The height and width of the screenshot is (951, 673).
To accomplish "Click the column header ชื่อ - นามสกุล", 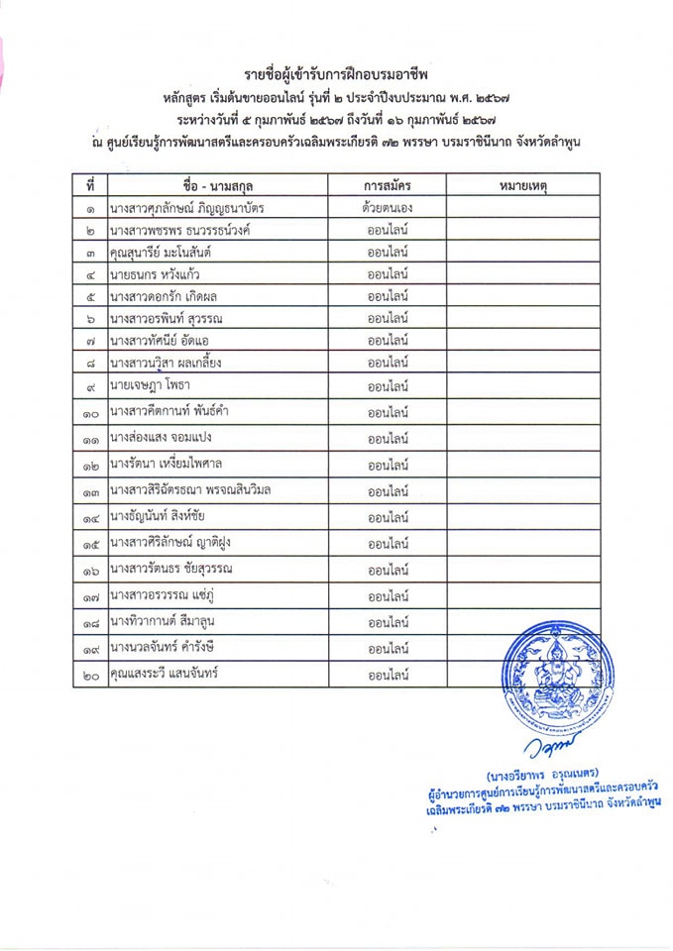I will pos(218,185).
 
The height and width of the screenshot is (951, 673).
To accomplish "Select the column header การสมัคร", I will pos(388,185).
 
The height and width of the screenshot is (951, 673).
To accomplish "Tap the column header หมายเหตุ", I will pos(521,185).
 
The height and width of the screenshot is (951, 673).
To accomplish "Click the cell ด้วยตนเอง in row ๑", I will pos(388,208).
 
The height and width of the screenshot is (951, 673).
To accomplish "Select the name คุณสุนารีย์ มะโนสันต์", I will pos(164,253).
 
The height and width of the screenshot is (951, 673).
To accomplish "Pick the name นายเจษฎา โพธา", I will pos(151,384).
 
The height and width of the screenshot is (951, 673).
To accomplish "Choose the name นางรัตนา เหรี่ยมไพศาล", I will pos(166,463).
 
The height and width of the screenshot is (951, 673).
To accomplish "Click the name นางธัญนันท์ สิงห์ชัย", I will pos(163,516).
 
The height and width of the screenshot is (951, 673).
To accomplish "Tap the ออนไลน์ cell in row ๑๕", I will pos(389,544).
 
